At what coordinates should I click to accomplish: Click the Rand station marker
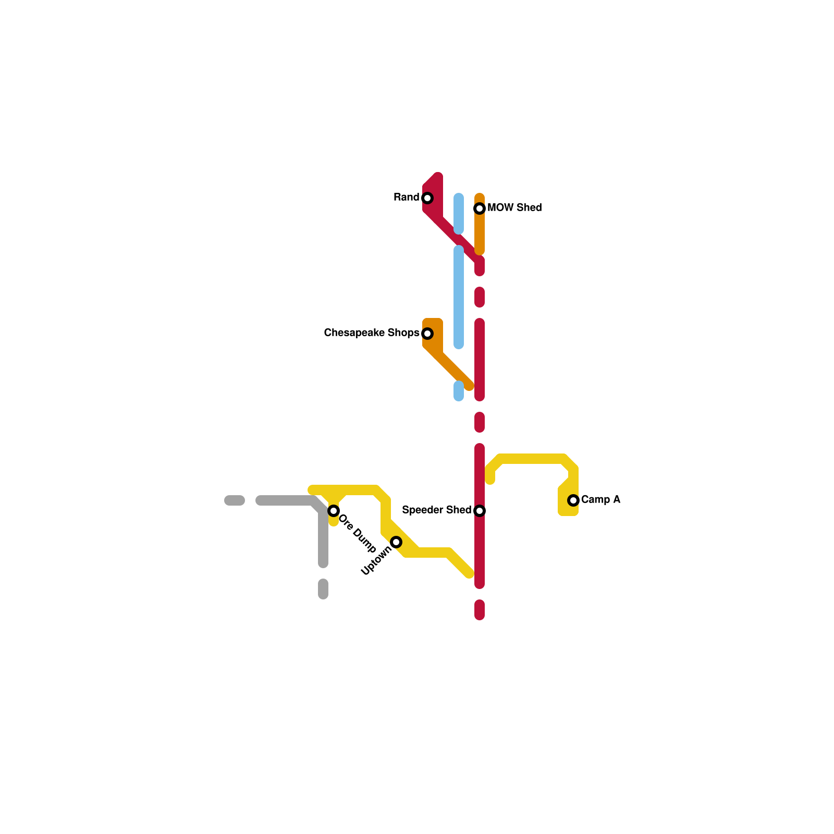427,198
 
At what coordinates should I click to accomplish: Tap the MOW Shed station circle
480,208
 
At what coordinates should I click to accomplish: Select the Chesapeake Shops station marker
427,334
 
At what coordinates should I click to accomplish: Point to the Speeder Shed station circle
480,511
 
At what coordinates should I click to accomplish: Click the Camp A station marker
573,500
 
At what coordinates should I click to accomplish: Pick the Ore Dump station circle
334,511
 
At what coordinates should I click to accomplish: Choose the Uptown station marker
396,542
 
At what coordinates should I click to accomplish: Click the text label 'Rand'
407,197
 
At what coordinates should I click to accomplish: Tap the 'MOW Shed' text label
514,207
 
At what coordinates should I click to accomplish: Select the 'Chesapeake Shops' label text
372,333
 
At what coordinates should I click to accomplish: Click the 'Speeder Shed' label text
436,510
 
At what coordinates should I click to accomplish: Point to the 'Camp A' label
600,499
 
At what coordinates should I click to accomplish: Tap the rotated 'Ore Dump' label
358,533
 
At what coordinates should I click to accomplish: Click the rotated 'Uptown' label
376,561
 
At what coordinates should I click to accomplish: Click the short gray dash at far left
235,500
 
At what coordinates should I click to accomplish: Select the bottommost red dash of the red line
480,610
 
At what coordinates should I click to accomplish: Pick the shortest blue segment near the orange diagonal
459,391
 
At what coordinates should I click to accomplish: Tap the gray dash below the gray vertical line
323,589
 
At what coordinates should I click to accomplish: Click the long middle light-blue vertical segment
459,297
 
